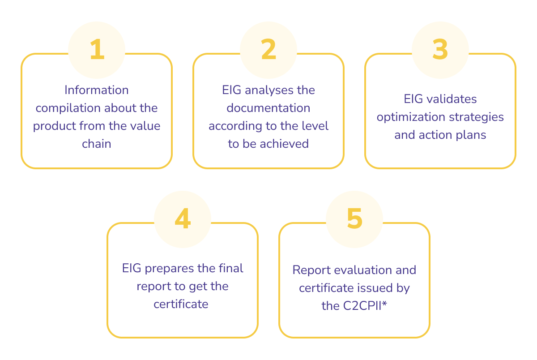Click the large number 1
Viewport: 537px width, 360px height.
click(x=97, y=49)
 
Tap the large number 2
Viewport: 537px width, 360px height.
click(x=268, y=49)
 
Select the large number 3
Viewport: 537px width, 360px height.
click(x=440, y=49)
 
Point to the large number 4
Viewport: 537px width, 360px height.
click(x=183, y=219)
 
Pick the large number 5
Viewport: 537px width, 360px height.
click(x=354, y=219)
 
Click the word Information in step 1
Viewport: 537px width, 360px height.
click(x=97, y=90)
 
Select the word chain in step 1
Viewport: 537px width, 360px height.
click(x=97, y=144)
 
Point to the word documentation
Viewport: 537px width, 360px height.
click(x=268, y=108)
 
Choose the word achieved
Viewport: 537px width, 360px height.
click(x=284, y=144)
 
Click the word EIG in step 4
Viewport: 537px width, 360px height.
click(x=132, y=268)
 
